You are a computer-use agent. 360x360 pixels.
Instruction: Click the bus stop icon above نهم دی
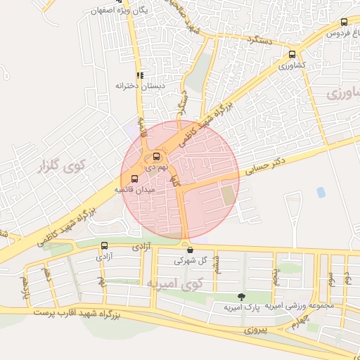click(156, 157)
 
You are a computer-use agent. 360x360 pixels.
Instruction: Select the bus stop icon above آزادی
click(105, 245)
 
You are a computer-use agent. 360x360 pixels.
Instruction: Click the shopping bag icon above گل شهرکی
click(189, 249)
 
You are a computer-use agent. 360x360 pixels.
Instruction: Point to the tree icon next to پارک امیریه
click(242, 297)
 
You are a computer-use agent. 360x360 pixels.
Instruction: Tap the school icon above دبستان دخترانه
click(139, 75)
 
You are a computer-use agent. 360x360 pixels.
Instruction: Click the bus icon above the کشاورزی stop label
click(292, 54)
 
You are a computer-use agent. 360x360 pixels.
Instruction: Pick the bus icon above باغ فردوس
click(344, 22)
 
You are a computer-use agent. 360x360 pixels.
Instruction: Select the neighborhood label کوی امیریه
click(172, 283)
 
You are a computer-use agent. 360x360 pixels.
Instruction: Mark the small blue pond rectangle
click(321, 191)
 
